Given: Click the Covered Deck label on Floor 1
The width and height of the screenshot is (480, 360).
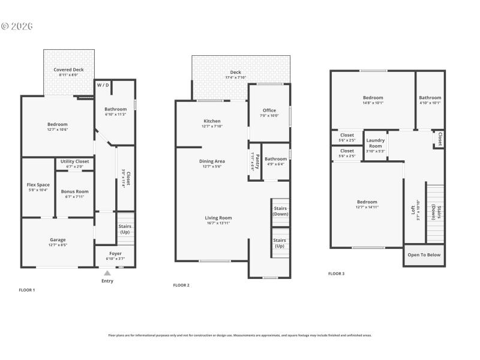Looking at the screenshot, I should [68, 70].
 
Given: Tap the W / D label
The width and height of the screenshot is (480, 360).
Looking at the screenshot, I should [103, 85].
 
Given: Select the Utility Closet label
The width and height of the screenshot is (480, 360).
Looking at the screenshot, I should [74, 161].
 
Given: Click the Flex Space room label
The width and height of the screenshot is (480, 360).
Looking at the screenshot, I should [38, 185].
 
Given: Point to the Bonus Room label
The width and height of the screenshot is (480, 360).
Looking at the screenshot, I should [74, 191].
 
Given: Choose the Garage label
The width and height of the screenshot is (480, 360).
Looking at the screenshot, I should [58, 240].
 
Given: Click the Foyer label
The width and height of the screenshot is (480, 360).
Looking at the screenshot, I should [115, 253].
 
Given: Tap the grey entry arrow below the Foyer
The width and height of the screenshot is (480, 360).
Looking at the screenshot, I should [107, 273].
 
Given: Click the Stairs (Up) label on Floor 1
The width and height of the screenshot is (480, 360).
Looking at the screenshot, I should [125, 229].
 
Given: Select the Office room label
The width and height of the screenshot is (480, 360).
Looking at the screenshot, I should [269, 110].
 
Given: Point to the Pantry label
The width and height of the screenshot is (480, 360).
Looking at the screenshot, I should [253, 160].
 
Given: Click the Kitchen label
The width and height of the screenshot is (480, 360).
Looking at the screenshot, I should [212, 121].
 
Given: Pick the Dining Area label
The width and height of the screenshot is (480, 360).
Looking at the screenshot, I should [212, 161].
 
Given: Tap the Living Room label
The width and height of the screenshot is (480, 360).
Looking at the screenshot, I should [218, 218].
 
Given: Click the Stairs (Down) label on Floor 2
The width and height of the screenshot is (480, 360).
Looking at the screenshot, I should [280, 211].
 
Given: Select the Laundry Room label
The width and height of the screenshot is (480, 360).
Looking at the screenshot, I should [376, 143].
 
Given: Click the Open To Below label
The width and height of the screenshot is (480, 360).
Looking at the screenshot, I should [424, 255].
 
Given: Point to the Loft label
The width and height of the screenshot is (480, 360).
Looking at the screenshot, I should [413, 210].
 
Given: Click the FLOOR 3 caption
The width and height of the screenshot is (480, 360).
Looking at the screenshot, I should [336, 274].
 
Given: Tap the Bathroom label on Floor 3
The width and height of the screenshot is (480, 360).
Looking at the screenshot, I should [430, 98].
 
